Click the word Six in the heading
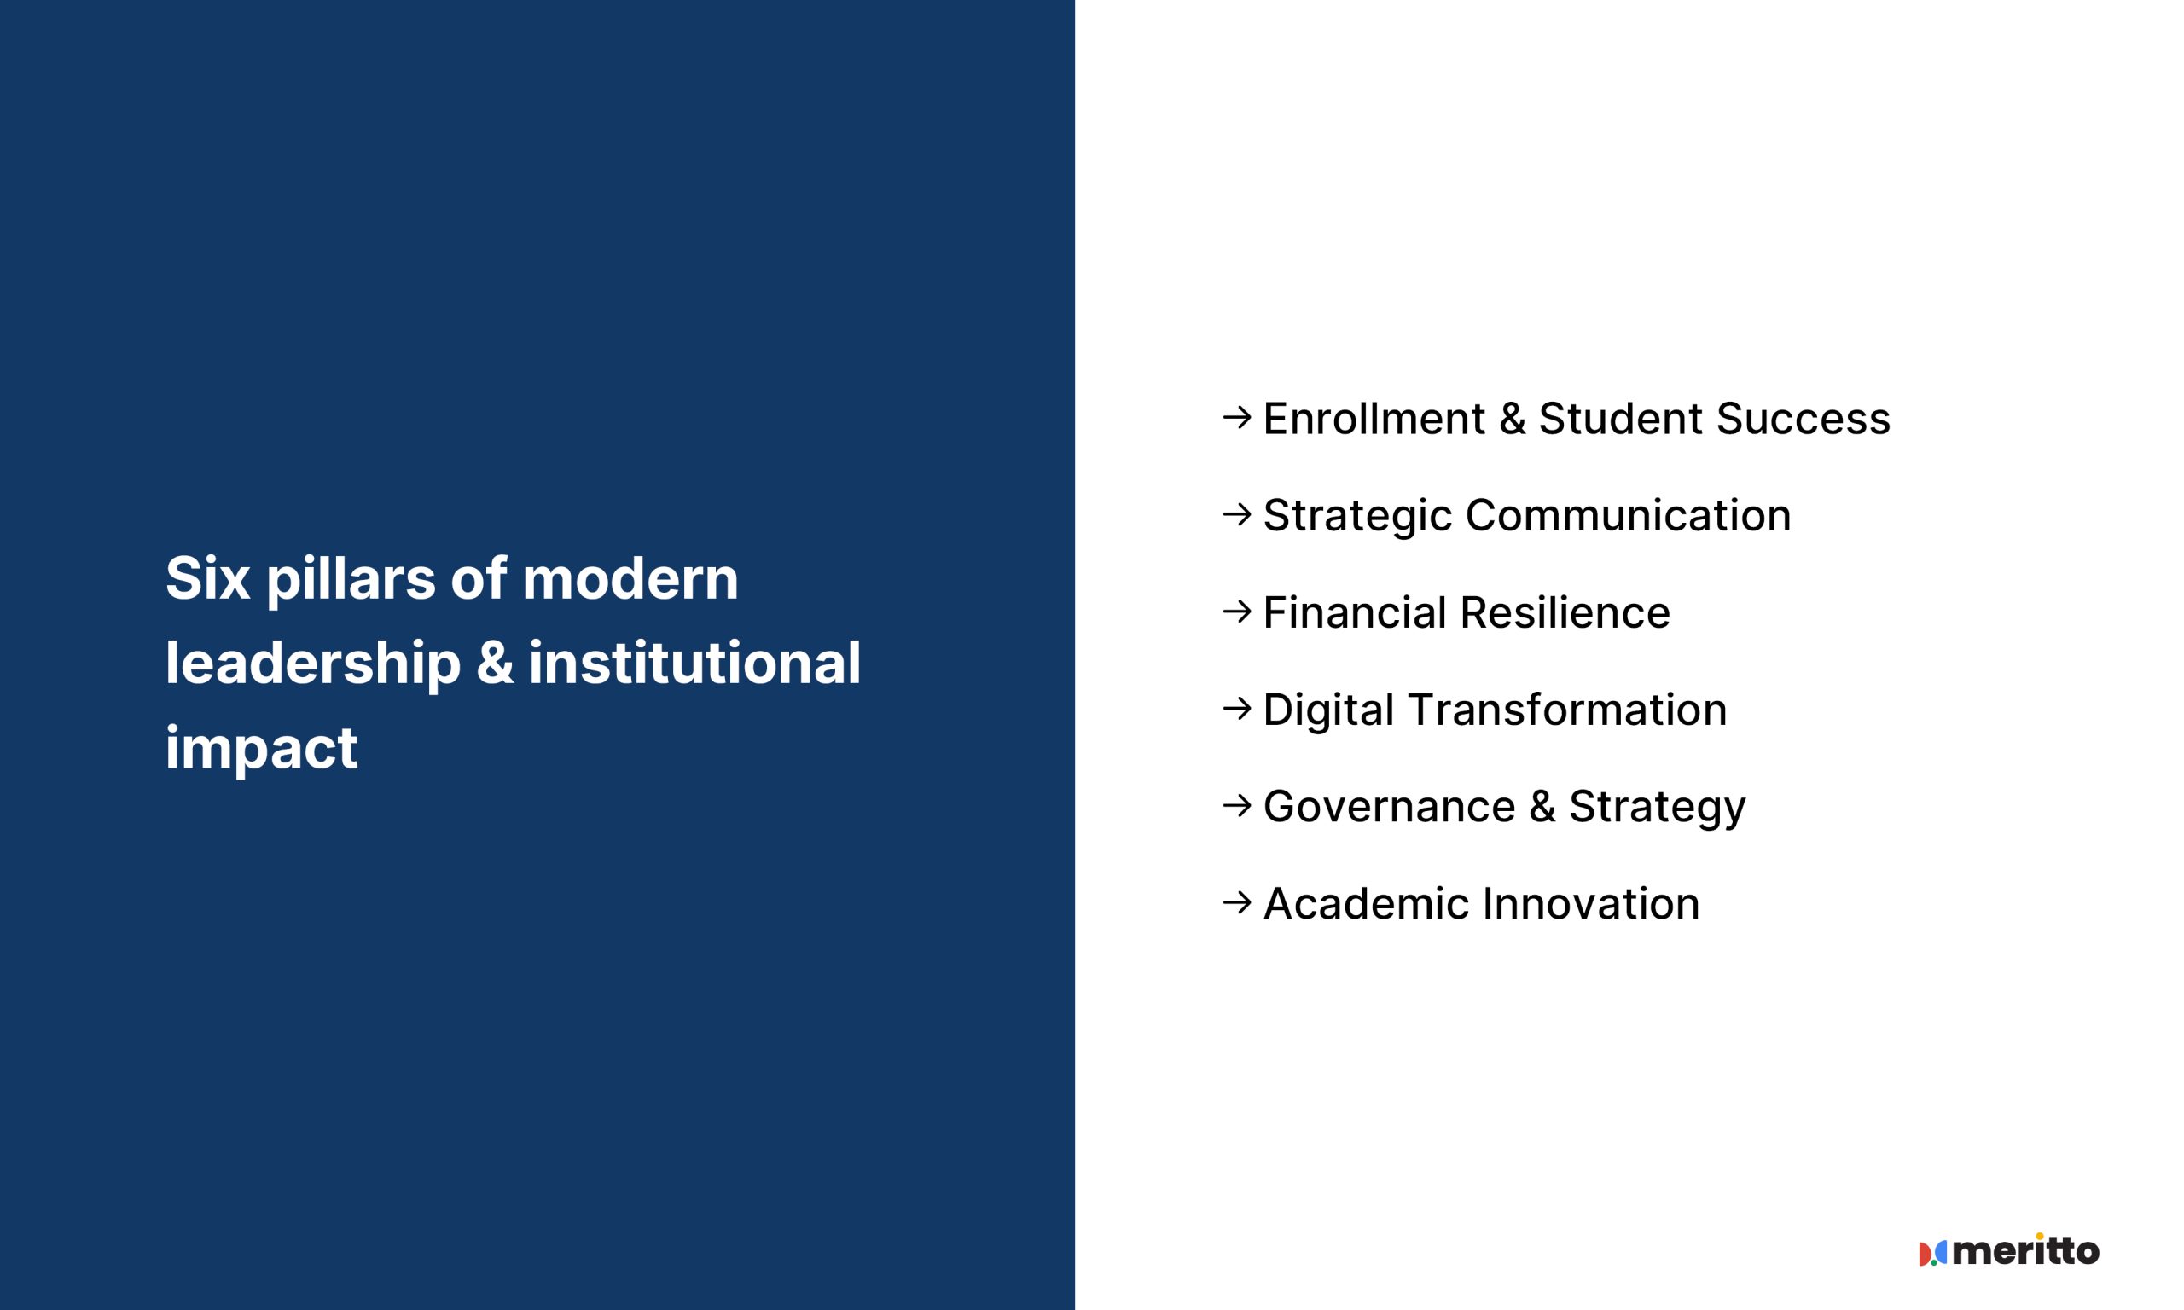pyautogui.click(x=207, y=579)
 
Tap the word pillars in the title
pyautogui.click(x=351, y=579)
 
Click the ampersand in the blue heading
pyautogui.click(x=496, y=664)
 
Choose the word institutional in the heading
pyautogui.click(x=694, y=664)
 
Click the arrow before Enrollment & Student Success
pyautogui.click(x=1238, y=417)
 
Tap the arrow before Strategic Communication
pyautogui.click(x=1238, y=513)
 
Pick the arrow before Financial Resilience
pyautogui.click(x=1238, y=611)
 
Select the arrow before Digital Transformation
pyautogui.click(x=1238, y=708)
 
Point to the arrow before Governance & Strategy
pyautogui.click(x=1238, y=805)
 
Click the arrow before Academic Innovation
pyautogui.click(x=1238, y=902)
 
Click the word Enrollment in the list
pyautogui.click(x=1374, y=419)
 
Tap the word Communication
pyautogui.click(x=1629, y=515)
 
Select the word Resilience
pyautogui.click(x=1565, y=612)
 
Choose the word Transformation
pyautogui.click(x=1567, y=710)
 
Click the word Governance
pyautogui.click(x=1390, y=807)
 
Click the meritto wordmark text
pyautogui.click(x=2026, y=1250)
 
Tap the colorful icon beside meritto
pyautogui.click(x=1932, y=1254)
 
